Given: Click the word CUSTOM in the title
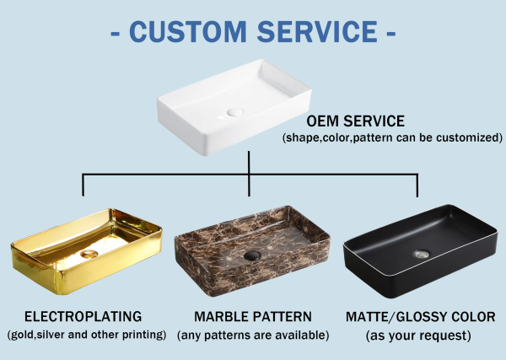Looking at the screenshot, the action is [188, 31].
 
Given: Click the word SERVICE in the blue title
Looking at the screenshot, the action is [317, 31].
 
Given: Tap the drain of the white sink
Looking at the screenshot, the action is [234, 112].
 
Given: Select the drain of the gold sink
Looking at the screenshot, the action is [89, 254].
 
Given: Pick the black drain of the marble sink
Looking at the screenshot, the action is [252, 255].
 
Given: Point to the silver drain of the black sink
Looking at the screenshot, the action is [423, 255].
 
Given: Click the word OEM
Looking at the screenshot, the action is [323, 121].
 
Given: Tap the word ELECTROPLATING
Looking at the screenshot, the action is [83, 316].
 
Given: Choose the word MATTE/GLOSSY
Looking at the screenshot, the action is [396, 317].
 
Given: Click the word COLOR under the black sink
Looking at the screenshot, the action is [473, 317].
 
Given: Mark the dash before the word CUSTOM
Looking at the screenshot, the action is [116, 33].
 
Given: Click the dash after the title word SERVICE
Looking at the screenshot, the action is [390, 33].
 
